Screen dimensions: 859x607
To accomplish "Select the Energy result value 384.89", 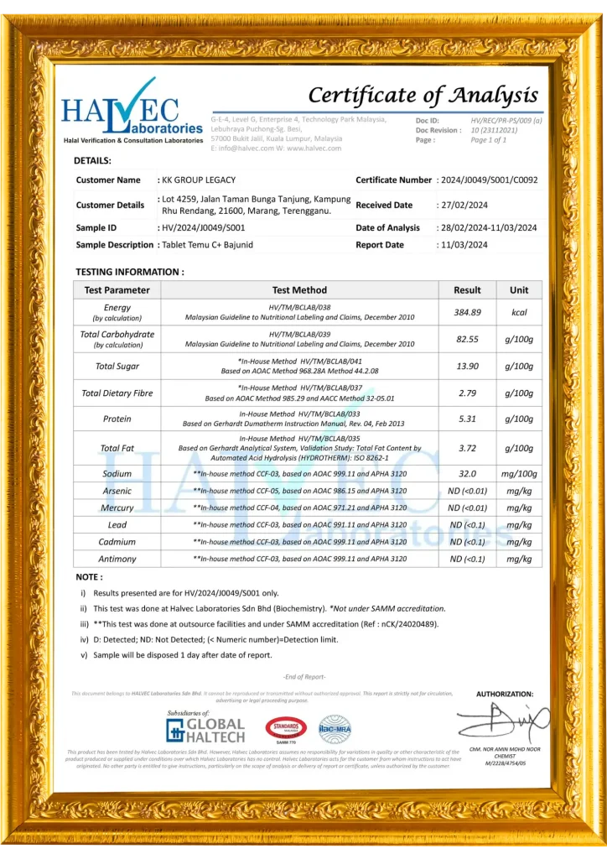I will (x=467, y=312).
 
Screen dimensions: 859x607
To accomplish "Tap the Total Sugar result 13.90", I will (x=467, y=366).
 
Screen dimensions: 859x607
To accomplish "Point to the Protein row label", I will (x=117, y=419).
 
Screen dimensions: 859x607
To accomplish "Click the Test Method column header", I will (x=299, y=290).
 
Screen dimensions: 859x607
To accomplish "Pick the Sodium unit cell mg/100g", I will (x=519, y=474).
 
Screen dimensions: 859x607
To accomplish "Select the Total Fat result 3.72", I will (x=467, y=448).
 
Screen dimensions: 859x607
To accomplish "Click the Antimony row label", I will (x=117, y=559).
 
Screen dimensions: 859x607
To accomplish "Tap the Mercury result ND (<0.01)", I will (x=467, y=508).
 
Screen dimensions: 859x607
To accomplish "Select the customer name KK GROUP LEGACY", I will (x=200, y=180).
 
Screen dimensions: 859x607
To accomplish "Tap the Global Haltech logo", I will (x=205, y=728).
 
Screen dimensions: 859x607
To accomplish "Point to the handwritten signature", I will (x=502, y=721).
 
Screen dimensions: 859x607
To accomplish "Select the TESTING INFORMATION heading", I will (x=130, y=272).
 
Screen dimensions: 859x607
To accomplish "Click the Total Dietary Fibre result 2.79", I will (x=467, y=393).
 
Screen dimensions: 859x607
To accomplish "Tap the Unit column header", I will (x=519, y=290).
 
